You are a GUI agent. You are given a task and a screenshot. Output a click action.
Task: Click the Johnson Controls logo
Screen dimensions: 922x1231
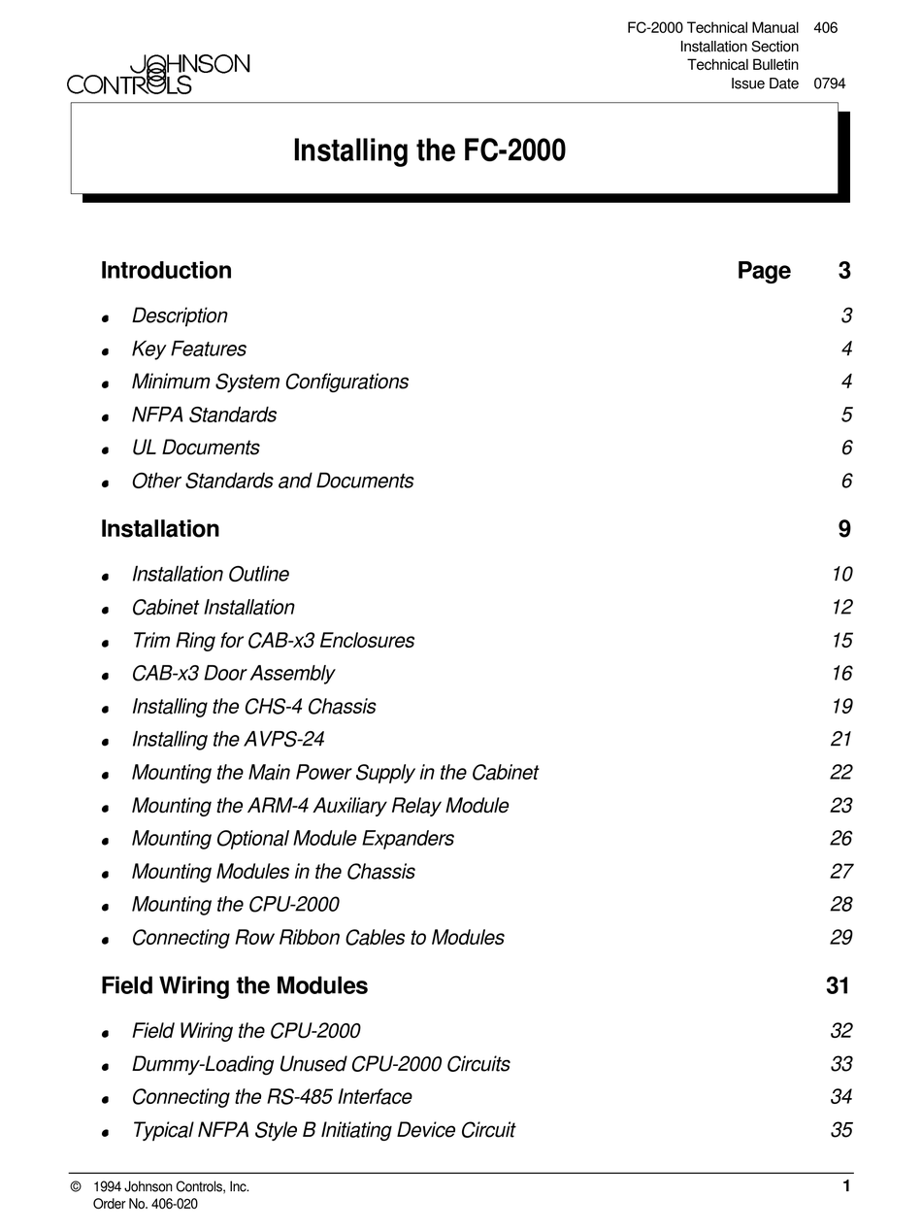[x=158, y=74]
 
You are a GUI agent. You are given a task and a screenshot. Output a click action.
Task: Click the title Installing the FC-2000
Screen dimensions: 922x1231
[x=429, y=151]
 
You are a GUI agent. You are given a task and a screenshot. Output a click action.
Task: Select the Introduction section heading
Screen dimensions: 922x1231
[x=166, y=270]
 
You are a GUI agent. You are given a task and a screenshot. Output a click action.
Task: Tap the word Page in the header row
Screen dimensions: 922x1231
[x=764, y=271]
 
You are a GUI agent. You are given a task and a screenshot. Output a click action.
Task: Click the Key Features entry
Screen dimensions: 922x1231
[x=188, y=349]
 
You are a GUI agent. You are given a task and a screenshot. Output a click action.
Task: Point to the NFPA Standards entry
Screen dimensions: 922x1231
[x=204, y=415]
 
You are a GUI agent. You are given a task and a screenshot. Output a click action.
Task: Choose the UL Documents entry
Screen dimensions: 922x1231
[x=195, y=448]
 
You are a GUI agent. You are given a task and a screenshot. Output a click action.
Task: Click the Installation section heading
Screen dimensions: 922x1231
[x=160, y=529]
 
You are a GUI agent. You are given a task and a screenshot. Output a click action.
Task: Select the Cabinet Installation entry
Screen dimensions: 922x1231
[x=213, y=608]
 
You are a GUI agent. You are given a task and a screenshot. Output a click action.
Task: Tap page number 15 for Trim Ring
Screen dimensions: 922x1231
[x=840, y=641]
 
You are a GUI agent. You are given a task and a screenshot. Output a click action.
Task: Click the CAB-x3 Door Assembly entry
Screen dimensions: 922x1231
[x=233, y=674]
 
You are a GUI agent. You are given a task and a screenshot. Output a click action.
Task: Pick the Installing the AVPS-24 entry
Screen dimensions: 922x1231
[x=227, y=740]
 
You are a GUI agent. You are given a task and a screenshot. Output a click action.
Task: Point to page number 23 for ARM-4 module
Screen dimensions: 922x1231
[x=840, y=806]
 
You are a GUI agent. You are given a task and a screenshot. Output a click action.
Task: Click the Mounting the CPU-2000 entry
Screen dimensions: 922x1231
[x=235, y=905]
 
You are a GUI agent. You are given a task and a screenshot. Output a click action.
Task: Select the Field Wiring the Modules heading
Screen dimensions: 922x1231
[x=234, y=986]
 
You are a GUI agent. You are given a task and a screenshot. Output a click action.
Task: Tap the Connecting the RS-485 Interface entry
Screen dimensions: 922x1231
[x=272, y=1097]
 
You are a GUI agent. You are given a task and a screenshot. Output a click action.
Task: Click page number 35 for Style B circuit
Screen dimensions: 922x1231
[x=840, y=1130]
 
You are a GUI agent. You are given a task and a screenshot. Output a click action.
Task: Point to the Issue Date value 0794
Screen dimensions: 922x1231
[x=829, y=83]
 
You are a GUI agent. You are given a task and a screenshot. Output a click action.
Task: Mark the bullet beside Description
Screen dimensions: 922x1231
[x=105, y=318]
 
